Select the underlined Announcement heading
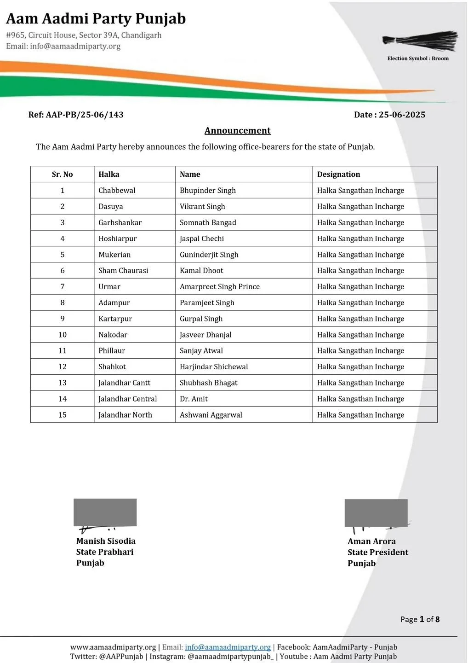[x=237, y=130]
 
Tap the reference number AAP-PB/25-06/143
[x=85, y=115]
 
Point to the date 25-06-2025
[x=402, y=115]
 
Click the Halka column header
[x=109, y=174]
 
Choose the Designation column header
[x=338, y=174]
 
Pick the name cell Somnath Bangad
[x=208, y=222]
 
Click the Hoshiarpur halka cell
[x=117, y=238]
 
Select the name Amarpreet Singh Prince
[x=219, y=286]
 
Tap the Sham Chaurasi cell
[x=123, y=270]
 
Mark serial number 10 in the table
[x=63, y=335]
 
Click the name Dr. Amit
[x=194, y=399]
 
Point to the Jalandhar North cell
[x=125, y=415]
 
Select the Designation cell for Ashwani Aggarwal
[x=360, y=415]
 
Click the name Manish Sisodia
[x=106, y=541]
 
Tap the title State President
[x=377, y=552]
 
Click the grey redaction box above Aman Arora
[x=376, y=512]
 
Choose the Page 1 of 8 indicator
[x=420, y=619]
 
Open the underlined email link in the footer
[x=228, y=647]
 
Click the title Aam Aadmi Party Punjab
[x=96, y=19]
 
